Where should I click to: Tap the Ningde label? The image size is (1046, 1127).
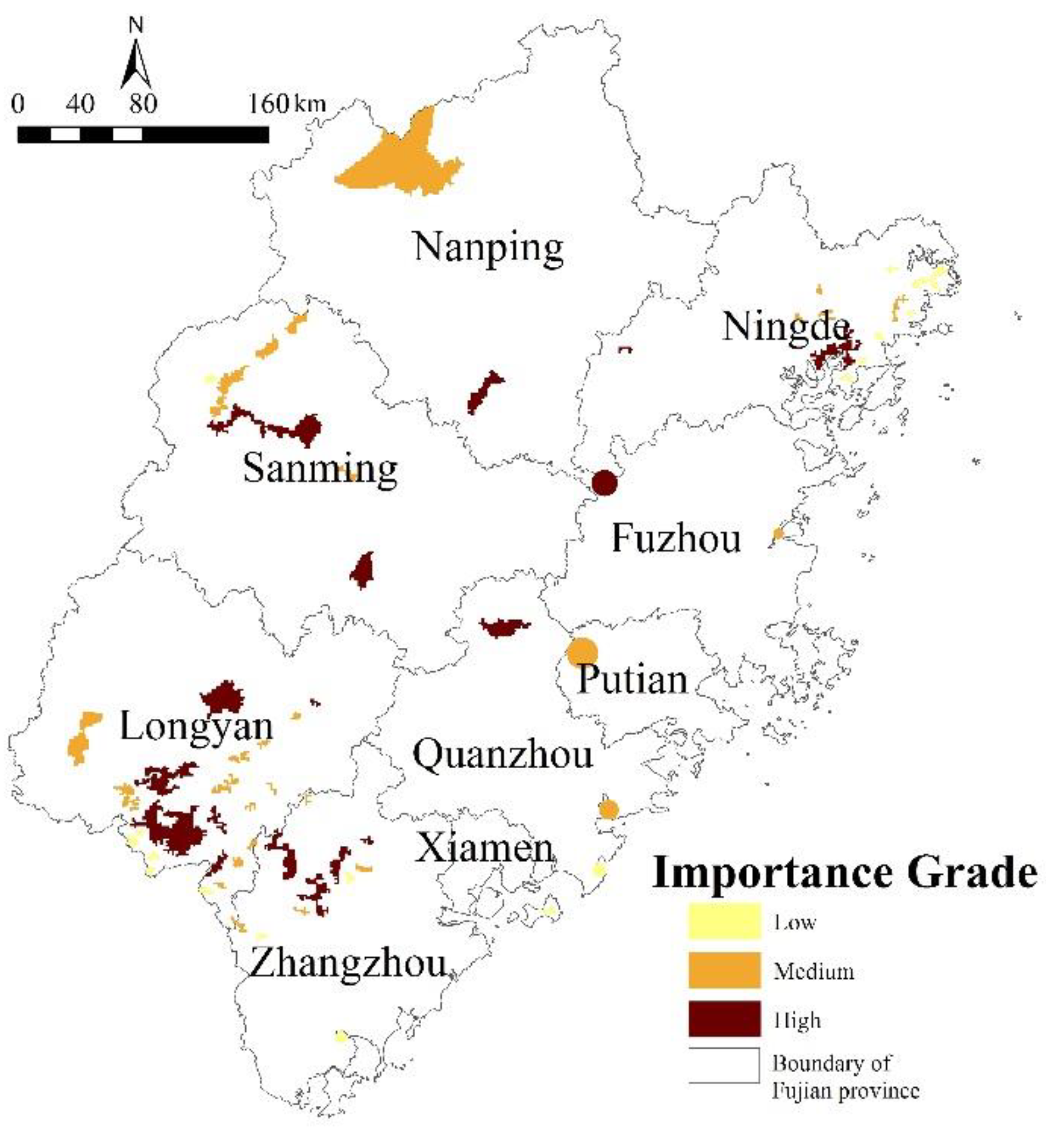(786, 327)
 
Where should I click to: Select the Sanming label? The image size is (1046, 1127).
(320, 469)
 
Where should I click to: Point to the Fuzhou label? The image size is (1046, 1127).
(676, 538)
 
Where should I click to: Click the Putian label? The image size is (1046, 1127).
(632, 679)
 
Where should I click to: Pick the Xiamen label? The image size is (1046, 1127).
(484, 849)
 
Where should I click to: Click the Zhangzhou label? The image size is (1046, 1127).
(347, 963)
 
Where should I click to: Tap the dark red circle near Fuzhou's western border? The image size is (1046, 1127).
(604, 483)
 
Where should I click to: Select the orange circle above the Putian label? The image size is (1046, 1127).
(583, 652)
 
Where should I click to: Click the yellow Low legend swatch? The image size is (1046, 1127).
(724, 922)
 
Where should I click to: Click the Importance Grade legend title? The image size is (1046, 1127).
(845, 873)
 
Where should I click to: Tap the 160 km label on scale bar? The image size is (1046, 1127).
(286, 104)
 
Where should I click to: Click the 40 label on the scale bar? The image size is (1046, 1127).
(80, 104)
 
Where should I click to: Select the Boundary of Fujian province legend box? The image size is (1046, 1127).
(724, 1065)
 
